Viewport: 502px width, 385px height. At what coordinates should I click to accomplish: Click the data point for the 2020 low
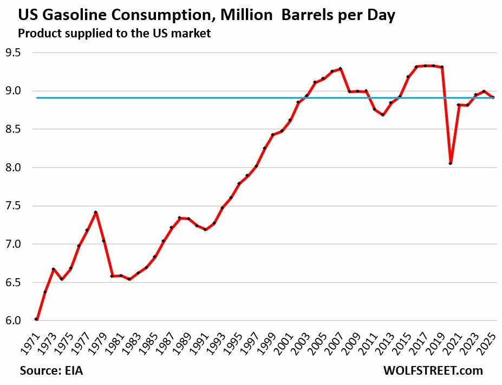[451, 163]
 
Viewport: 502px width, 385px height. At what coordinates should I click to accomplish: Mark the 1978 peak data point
[95, 213]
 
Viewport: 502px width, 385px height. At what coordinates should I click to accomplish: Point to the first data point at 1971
[36, 319]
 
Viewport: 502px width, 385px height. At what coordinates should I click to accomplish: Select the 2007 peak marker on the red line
[341, 69]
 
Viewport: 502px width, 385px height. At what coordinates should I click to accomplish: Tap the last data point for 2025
[493, 98]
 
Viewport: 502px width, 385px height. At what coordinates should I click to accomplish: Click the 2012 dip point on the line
[383, 115]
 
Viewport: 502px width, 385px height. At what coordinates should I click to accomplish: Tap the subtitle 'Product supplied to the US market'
[114, 33]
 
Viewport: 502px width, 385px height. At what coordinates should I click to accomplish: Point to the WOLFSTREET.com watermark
[433, 371]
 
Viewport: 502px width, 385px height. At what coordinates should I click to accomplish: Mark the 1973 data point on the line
[53, 269]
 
